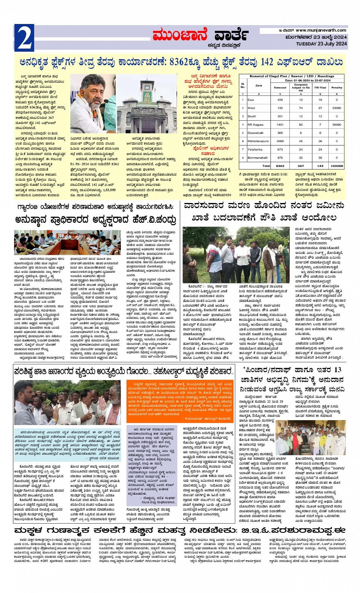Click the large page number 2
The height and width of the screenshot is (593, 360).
[x=24, y=38]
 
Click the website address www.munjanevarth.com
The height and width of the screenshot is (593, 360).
[x=321, y=30]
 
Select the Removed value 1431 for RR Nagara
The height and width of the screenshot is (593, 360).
[x=280, y=125]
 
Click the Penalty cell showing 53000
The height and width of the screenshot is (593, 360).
[x=336, y=108]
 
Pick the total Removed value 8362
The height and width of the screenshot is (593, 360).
[x=280, y=166]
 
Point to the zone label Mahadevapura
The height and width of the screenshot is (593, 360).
[x=258, y=141]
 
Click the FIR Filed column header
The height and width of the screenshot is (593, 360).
[x=320, y=88]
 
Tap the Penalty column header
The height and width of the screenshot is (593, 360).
[x=336, y=88]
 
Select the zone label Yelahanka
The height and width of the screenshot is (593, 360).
[x=255, y=150]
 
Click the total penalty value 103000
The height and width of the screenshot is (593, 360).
[x=336, y=166]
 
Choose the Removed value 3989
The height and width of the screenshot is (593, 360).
[x=280, y=141]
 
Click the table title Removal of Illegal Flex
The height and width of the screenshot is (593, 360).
[x=291, y=76]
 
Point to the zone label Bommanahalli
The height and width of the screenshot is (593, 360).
[x=258, y=158]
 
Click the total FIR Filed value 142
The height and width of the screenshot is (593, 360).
[x=320, y=166]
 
